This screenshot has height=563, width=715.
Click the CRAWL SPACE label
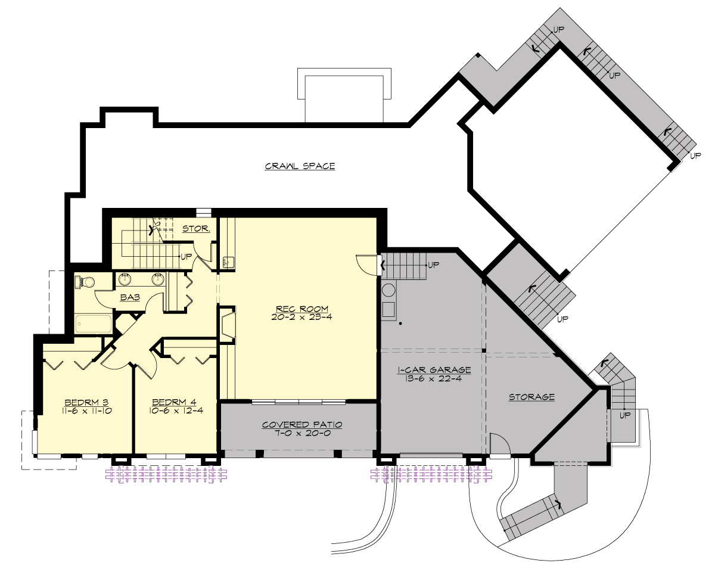tap(300, 166)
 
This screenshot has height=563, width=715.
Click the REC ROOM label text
tap(302, 309)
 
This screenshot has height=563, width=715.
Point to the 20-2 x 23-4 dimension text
tap(302, 317)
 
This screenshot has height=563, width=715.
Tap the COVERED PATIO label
tap(302, 425)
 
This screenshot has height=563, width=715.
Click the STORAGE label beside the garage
tap(531, 397)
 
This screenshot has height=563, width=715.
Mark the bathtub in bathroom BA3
tap(94, 325)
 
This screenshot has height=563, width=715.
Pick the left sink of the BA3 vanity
tap(126, 278)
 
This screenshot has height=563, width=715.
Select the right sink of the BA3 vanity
tap(158, 278)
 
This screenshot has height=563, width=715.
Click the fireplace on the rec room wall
tap(227, 325)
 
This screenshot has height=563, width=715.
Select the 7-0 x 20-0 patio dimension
tap(302, 433)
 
